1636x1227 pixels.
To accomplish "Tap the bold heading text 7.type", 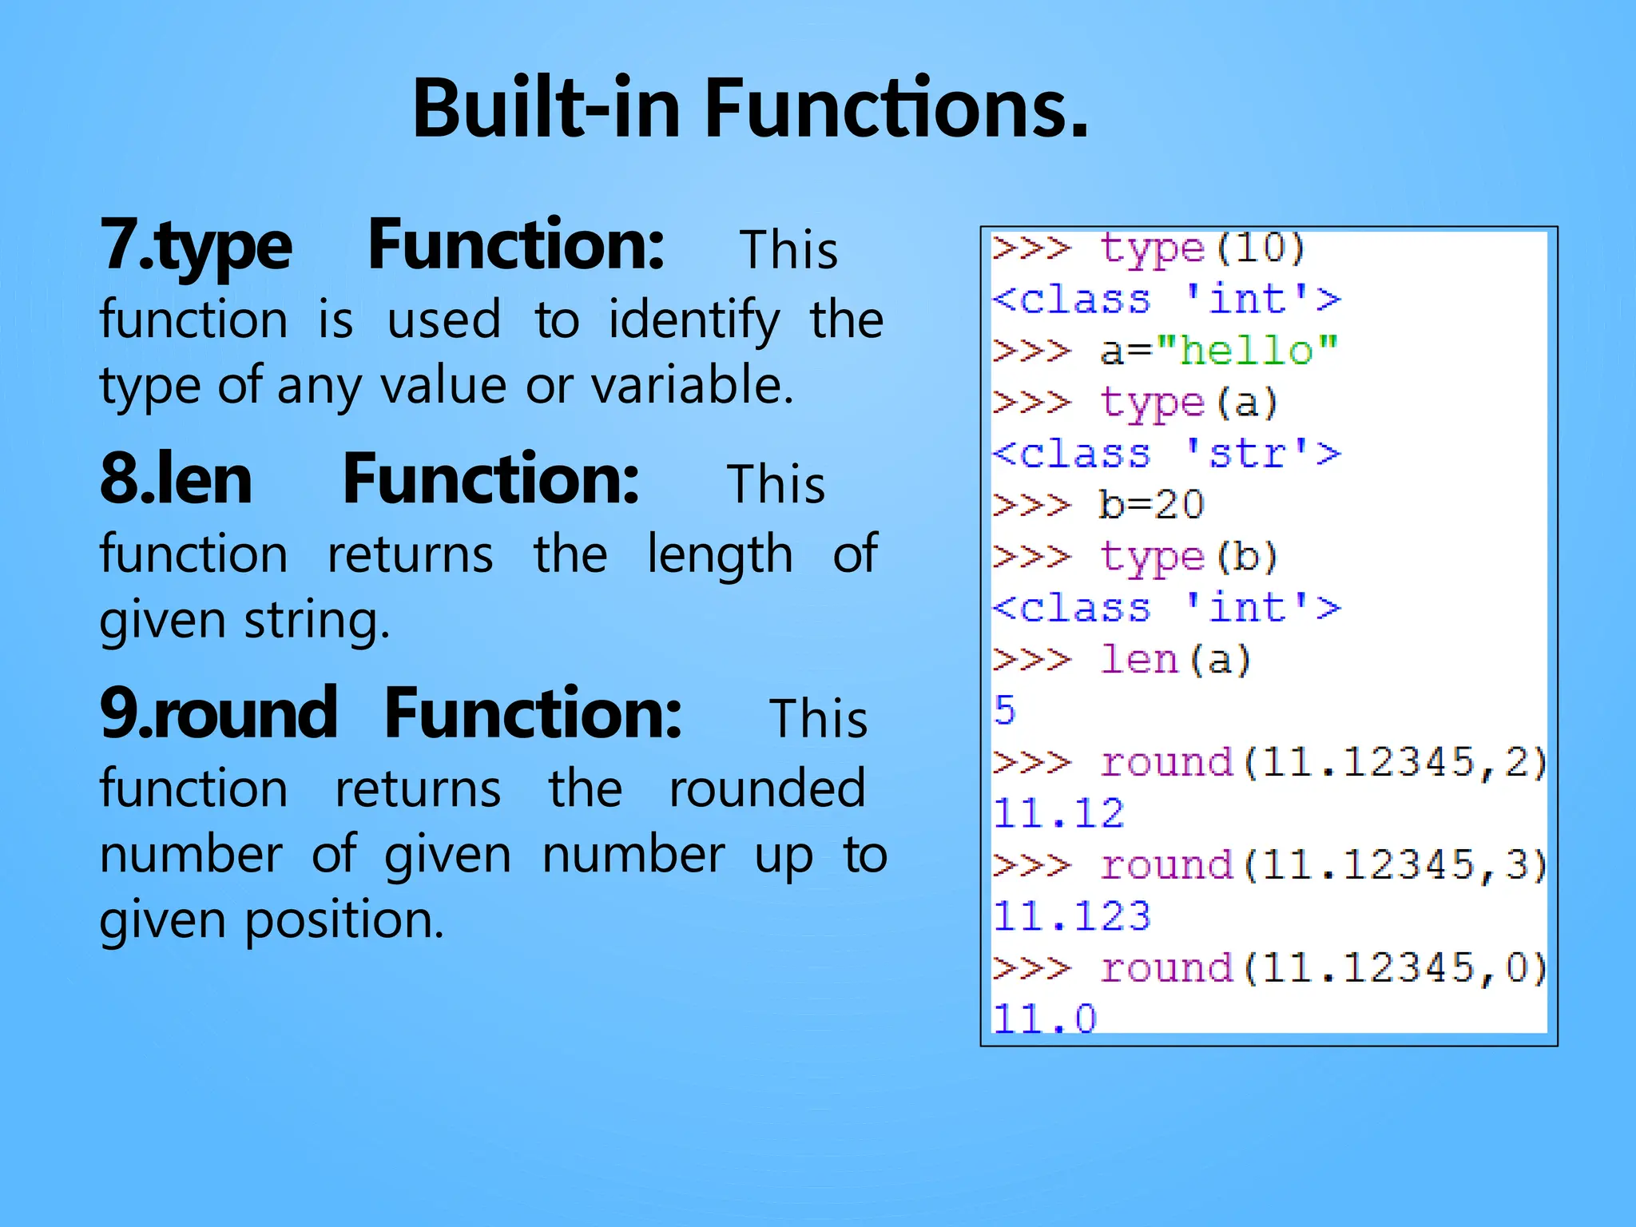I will click(x=197, y=245).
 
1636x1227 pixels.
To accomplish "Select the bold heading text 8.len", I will click(x=176, y=479).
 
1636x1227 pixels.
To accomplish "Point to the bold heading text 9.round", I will click(x=218, y=713).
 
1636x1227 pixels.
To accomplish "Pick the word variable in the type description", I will click(x=692, y=386).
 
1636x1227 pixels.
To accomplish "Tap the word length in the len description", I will click(x=720, y=555).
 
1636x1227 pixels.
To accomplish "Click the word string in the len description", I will click(x=317, y=621).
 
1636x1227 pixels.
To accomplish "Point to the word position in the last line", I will click(x=343, y=920).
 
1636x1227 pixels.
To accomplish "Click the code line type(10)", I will click(x=1202, y=248).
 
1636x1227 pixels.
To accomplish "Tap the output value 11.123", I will click(x=1071, y=916).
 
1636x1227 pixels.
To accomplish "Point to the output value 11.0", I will click(x=1045, y=1019).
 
